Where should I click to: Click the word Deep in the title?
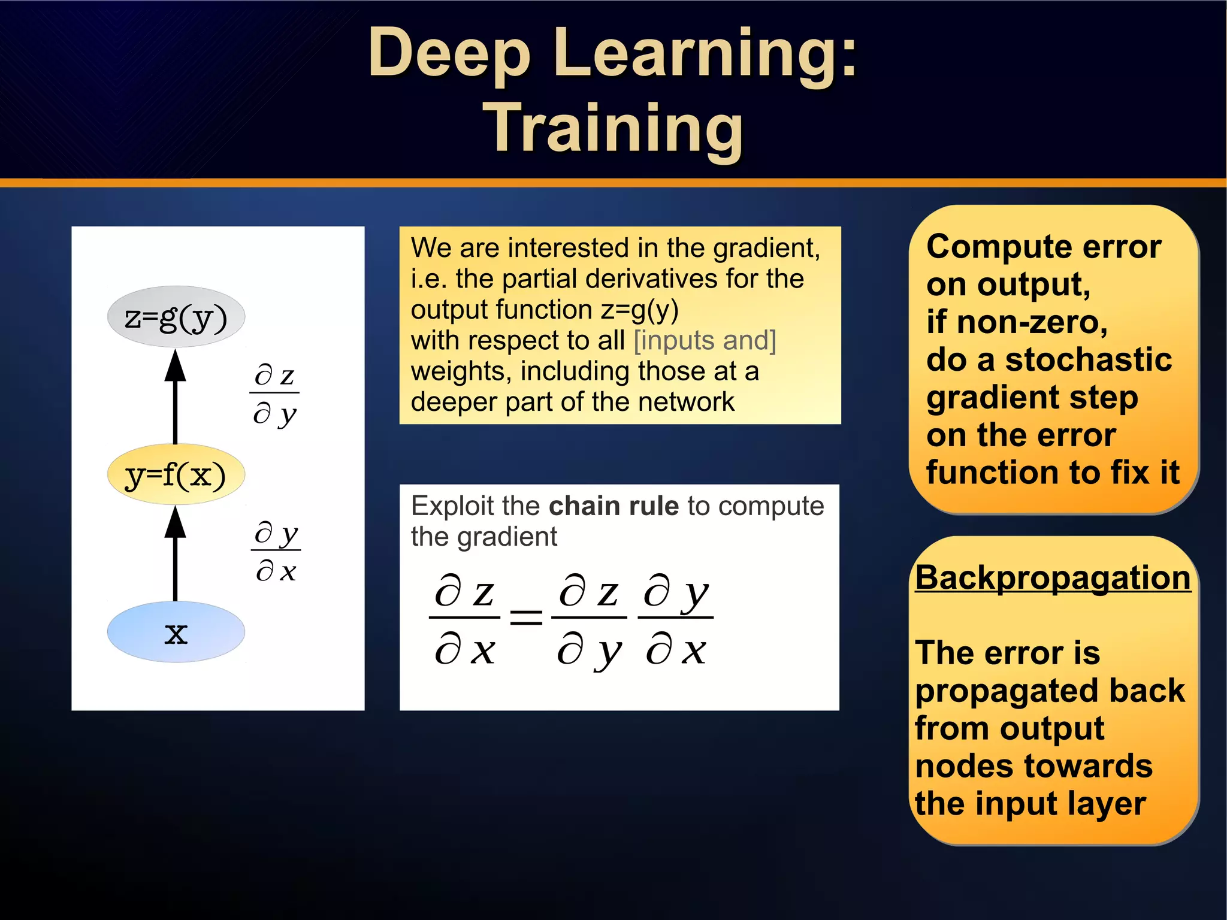[449, 54]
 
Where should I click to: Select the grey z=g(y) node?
[176, 317]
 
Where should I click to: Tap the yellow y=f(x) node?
[176, 474]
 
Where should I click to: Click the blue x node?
[176, 632]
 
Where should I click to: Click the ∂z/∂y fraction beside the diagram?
[274, 394]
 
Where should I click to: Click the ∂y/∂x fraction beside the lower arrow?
[276, 551]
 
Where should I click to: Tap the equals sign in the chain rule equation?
[525, 617]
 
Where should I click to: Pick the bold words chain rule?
[613, 506]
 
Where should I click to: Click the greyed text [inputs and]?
[705, 340]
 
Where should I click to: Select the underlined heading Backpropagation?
[1053, 578]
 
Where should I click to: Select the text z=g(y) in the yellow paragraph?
[639, 310]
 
